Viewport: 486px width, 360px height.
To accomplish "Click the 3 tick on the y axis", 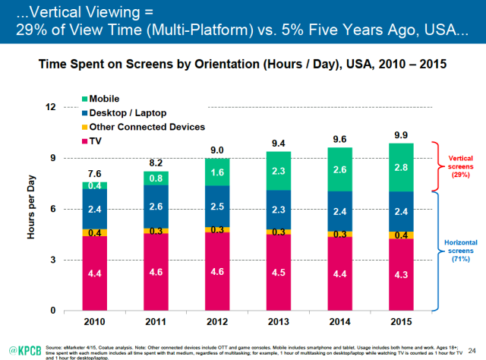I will [x=54, y=260].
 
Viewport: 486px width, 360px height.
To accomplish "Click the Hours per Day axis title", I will [x=33, y=209].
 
